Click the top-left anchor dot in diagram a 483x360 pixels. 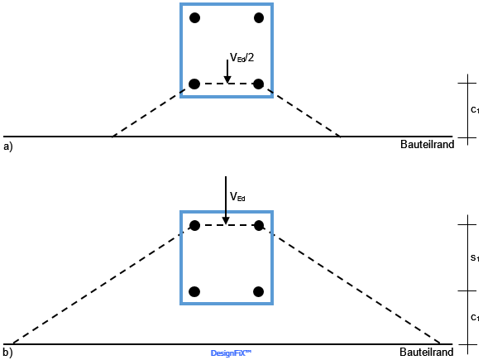[x=194, y=18]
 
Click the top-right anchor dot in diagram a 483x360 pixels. [x=259, y=18]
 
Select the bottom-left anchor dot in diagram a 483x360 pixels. [x=194, y=84]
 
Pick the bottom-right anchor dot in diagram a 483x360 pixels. [x=258, y=84]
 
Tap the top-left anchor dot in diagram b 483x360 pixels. [x=194, y=226]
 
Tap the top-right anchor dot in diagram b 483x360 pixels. [x=259, y=226]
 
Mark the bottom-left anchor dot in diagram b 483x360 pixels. [x=194, y=291]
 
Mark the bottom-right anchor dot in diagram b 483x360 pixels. [x=258, y=291]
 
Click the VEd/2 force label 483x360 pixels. [x=242, y=57]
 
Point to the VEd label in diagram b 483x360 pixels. [x=237, y=196]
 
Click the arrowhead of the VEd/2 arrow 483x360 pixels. [x=227, y=79]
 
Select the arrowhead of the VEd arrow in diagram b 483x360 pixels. [x=226, y=221]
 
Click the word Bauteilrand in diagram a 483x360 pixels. [x=428, y=144]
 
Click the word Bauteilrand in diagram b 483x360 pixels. [x=427, y=352]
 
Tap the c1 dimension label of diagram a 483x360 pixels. [x=475, y=110]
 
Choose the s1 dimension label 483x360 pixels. [x=475, y=257]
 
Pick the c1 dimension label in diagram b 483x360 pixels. [x=475, y=318]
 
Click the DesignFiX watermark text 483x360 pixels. [x=231, y=353]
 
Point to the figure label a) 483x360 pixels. [x=8, y=146]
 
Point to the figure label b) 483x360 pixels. [x=8, y=353]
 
